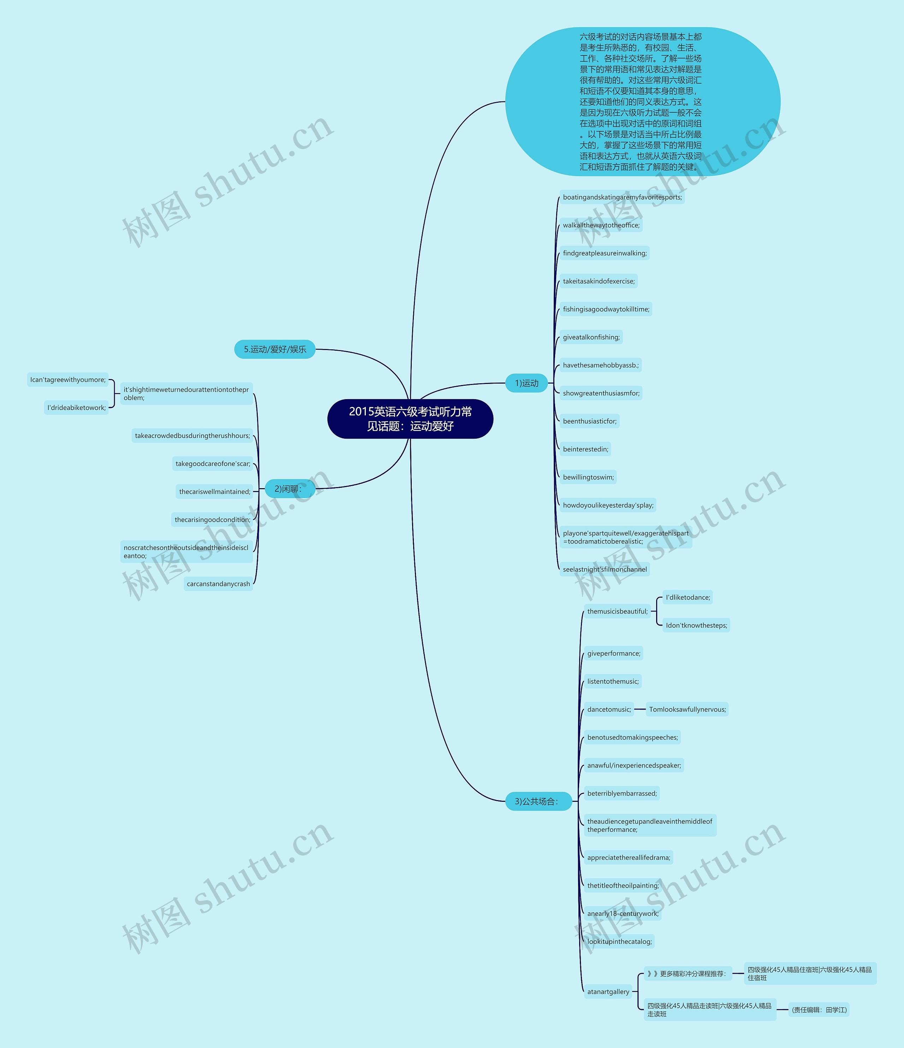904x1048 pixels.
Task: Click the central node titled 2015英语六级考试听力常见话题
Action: [410, 419]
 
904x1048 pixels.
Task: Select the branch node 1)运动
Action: [526, 383]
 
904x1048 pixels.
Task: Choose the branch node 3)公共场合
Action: [538, 801]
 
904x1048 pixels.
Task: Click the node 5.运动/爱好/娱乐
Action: [274, 349]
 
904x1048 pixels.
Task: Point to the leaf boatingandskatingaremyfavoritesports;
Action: [622, 197]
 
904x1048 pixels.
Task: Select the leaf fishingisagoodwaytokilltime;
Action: [606, 309]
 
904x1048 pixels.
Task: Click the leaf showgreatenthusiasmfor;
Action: [601, 393]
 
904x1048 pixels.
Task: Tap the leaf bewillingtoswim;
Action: [588, 477]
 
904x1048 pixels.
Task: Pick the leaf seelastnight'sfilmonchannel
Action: [604, 569]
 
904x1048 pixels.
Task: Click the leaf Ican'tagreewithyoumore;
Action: [68, 379]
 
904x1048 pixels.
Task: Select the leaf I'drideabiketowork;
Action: [76, 408]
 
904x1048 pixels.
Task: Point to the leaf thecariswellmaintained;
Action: [214, 492]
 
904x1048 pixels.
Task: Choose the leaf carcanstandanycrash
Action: [219, 584]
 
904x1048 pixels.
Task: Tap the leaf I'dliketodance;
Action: [688, 597]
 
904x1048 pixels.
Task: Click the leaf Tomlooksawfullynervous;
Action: [687, 709]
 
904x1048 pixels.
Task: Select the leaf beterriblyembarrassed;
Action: [622, 793]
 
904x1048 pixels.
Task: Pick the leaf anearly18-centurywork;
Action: [623, 913]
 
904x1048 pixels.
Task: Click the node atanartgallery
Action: [608, 991]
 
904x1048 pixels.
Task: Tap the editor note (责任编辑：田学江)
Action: [819, 1009]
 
